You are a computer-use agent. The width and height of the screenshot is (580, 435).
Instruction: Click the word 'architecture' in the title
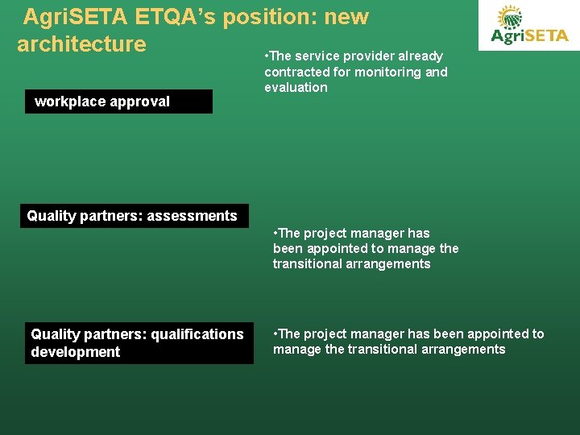point(81,43)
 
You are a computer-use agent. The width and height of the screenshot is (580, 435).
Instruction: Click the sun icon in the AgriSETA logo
point(509,17)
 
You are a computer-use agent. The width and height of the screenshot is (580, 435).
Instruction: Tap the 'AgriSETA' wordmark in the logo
point(529,35)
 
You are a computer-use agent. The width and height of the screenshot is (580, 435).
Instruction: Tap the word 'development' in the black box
point(75,352)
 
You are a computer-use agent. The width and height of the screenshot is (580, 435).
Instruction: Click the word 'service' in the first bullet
point(317,56)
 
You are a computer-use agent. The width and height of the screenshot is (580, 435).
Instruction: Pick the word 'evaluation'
point(296,87)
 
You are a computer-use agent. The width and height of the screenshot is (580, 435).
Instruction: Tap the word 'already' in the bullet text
point(420,56)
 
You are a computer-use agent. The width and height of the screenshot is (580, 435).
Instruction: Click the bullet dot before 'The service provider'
point(267,56)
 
